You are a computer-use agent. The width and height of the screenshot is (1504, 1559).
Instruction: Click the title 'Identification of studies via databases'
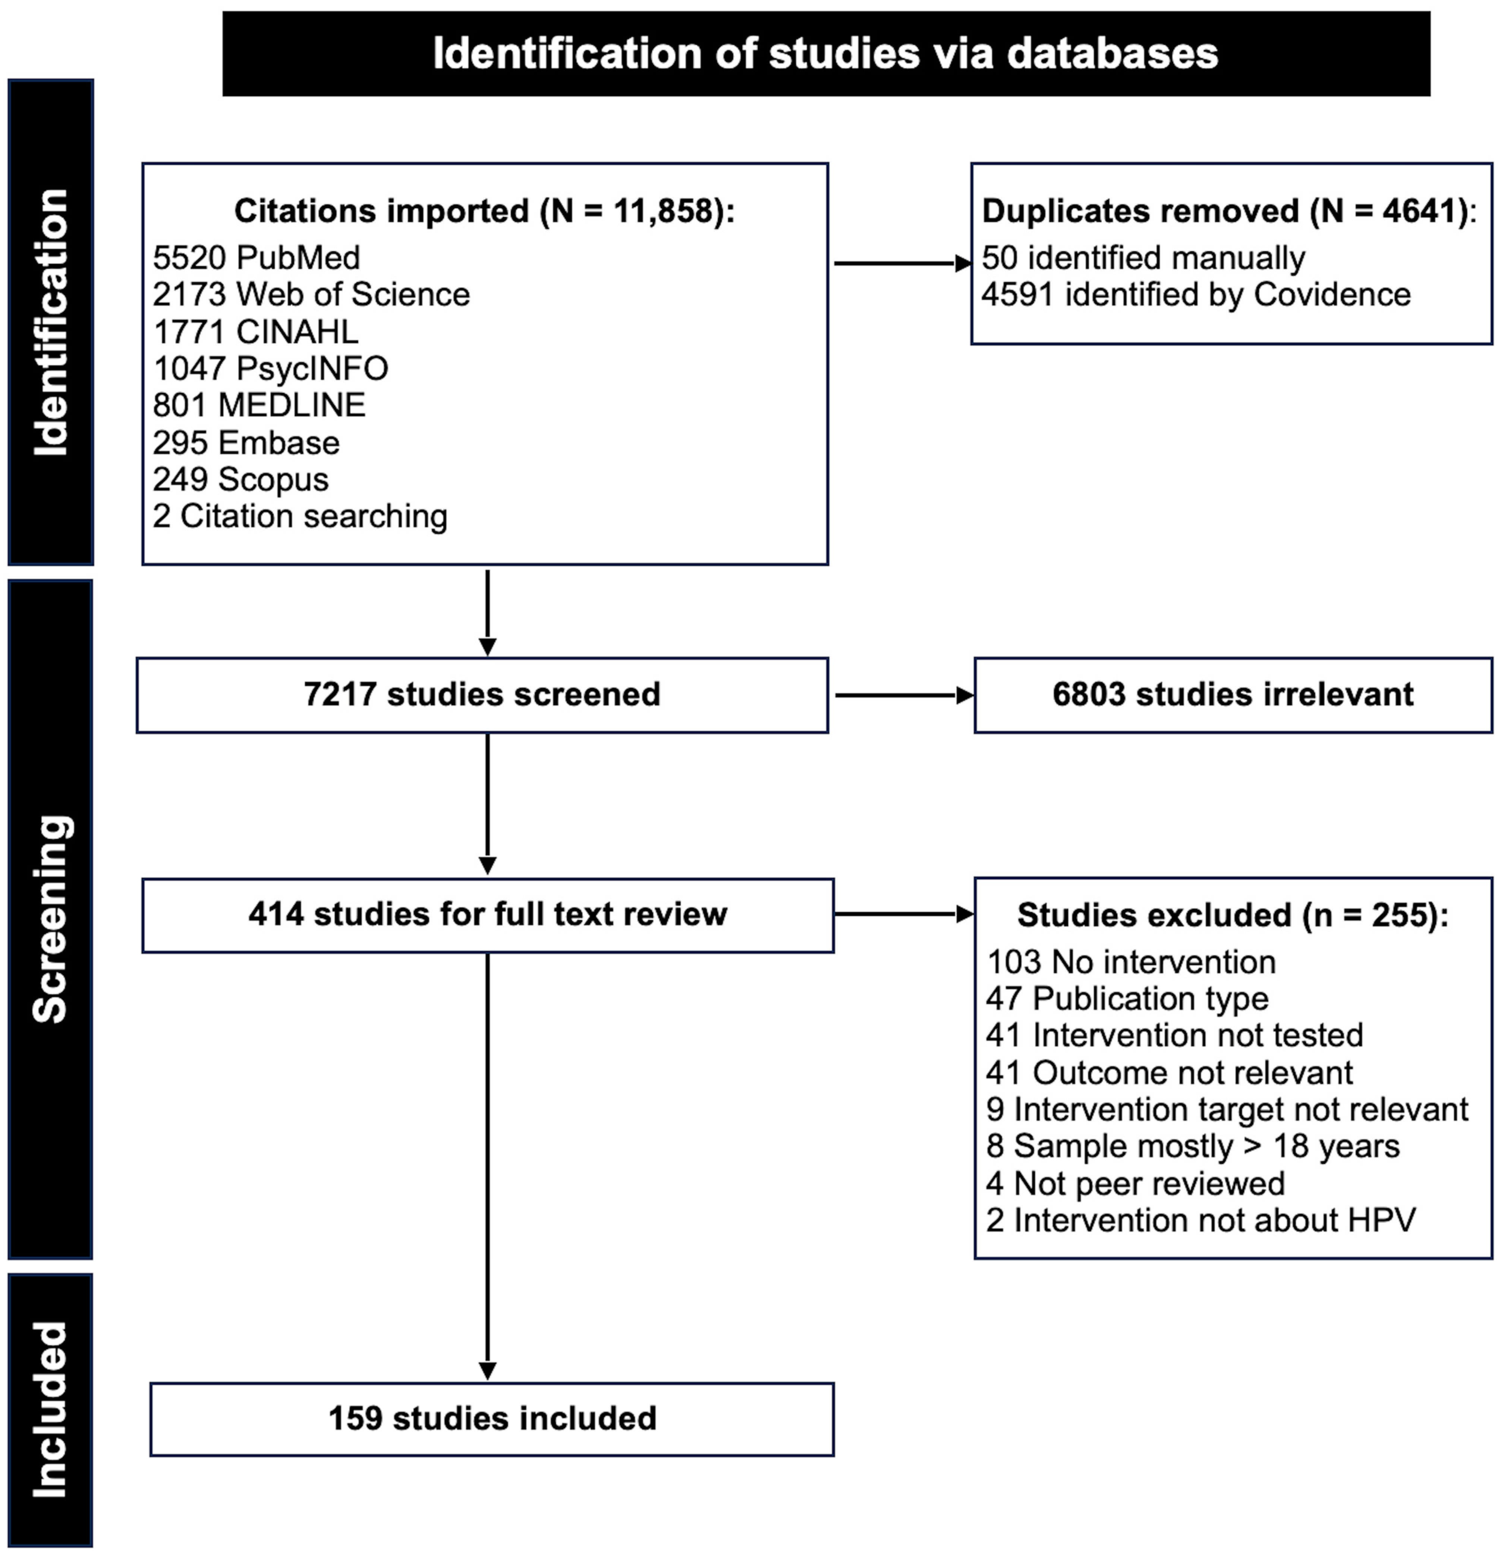pos(825,54)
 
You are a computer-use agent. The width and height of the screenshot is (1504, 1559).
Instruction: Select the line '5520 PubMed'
pos(256,258)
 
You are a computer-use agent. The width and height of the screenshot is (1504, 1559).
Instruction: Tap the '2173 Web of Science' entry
pos(311,294)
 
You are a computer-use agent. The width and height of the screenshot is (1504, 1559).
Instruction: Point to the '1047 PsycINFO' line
pos(270,368)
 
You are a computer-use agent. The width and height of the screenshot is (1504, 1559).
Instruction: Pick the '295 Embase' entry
pos(246,442)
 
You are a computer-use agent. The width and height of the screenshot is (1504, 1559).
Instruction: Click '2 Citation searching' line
pos(300,516)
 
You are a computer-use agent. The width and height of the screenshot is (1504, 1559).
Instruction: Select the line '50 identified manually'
pos(1143,258)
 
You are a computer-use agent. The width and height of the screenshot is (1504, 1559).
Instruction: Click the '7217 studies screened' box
pos(482,694)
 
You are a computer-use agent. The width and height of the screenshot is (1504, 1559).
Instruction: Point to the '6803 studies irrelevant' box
pos(1233,694)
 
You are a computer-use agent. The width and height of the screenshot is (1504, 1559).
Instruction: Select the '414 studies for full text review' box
pos(488,915)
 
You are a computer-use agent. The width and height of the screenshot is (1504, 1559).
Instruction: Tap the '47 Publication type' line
pos(1127,999)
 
